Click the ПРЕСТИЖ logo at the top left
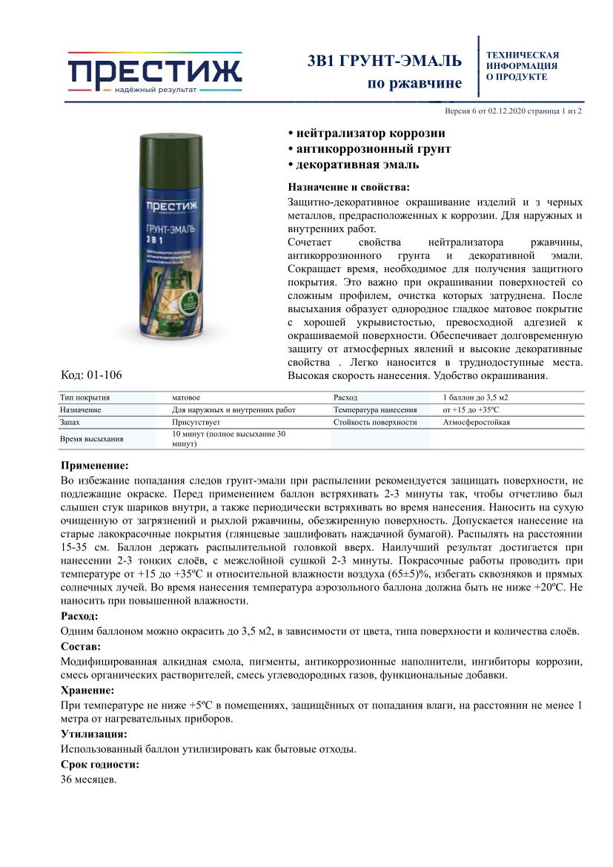(x=154, y=73)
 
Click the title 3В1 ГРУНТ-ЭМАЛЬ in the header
(x=384, y=61)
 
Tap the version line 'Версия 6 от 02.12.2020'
(x=486, y=111)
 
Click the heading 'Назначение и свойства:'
(x=348, y=187)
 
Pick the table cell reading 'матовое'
(x=186, y=398)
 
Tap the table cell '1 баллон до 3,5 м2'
(x=480, y=398)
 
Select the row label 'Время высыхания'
(x=92, y=438)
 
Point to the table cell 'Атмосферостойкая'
(x=476, y=422)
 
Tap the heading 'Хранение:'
(x=87, y=690)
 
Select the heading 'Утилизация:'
(x=94, y=734)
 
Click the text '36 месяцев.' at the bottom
(x=88, y=779)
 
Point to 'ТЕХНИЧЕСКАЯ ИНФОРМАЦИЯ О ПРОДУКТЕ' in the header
(x=522, y=65)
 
